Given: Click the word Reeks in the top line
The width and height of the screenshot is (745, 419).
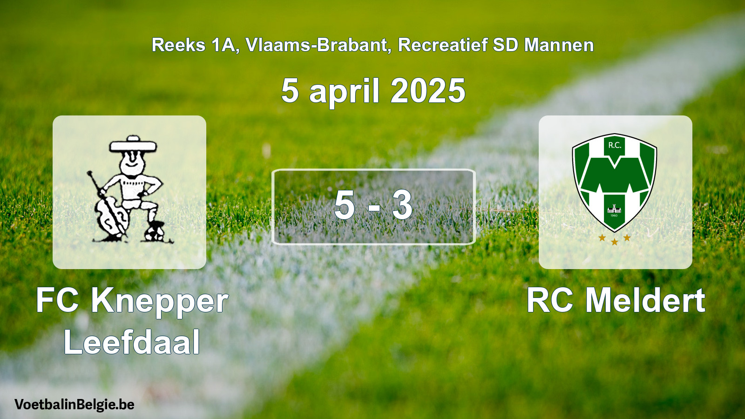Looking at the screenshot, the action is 179,45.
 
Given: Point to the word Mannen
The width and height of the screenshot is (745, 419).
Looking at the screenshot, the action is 559,45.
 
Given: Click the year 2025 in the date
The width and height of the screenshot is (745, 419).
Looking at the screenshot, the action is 428,90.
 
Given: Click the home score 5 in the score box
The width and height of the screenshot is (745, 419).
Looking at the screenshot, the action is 345,205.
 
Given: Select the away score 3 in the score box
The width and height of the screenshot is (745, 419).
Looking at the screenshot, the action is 402,205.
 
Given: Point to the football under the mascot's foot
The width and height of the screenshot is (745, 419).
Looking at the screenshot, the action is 155,231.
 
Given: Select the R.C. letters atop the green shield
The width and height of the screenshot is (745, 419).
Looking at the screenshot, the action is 614,145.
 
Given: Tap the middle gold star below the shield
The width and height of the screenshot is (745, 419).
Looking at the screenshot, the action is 615,242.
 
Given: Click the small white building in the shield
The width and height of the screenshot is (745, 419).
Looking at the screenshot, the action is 614,209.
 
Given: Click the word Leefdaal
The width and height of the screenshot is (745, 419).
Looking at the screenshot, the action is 132,342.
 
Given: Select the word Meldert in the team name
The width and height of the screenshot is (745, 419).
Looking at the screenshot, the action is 645,300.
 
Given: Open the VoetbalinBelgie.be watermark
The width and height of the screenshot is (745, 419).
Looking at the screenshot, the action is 74,405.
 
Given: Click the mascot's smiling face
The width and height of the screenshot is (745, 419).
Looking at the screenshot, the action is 133,163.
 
